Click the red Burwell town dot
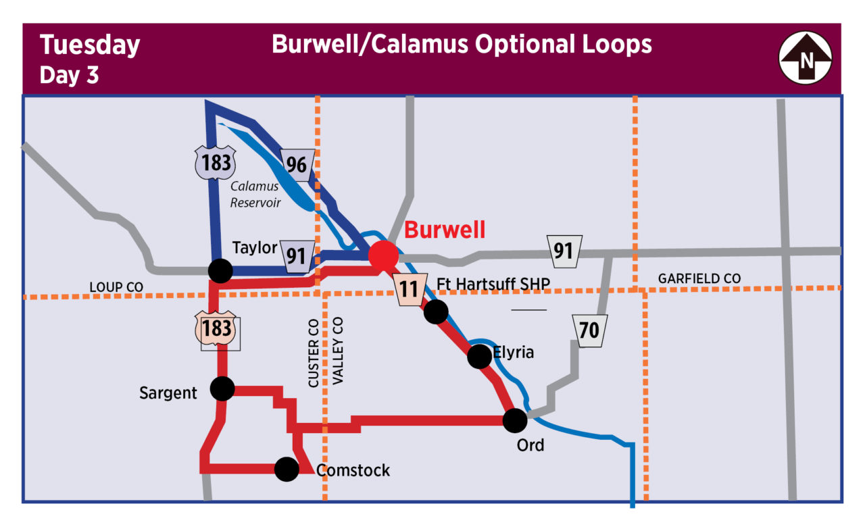click(384, 255)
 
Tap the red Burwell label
click(445, 230)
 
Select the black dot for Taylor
click(220, 270)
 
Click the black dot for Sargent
click(222, 389)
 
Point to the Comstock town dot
click(287, 469)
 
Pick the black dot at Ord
click(515, 420)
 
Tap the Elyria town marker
click(479, 356)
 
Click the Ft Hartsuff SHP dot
click(436, 311)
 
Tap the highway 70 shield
click(589, 330)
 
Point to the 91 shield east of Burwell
click(563, 251)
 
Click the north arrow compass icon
click(806, 59)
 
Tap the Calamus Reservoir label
click(255, 194)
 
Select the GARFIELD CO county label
click(699, 278)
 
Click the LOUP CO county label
click(116, 287)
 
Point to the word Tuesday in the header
click(90, 45)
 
